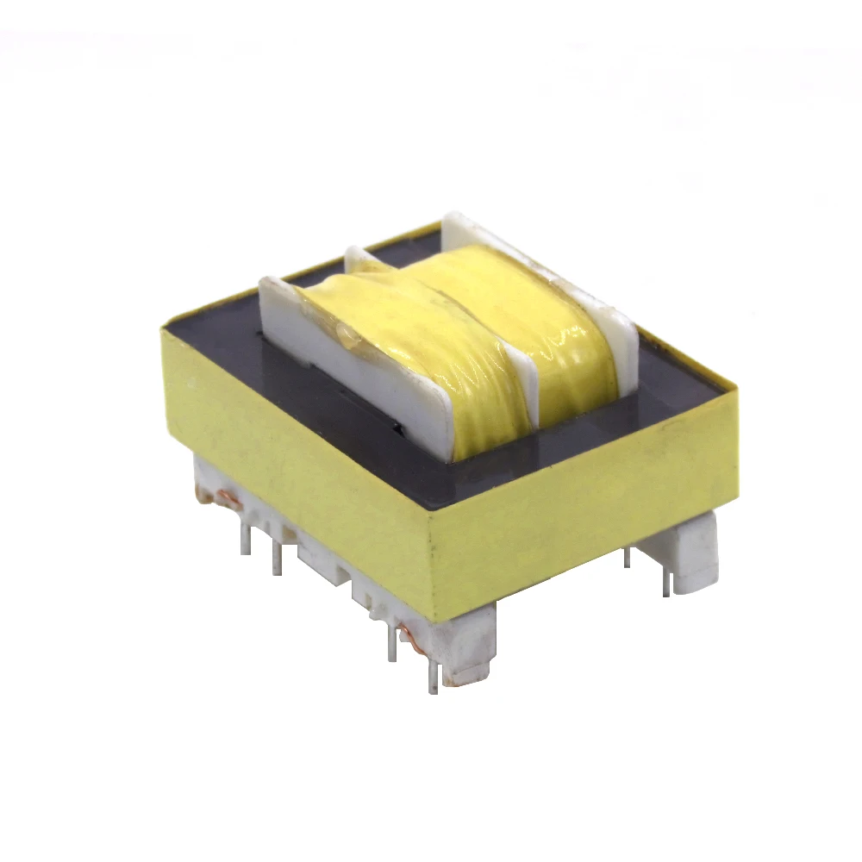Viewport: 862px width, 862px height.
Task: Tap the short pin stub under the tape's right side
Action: coord(627,557)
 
